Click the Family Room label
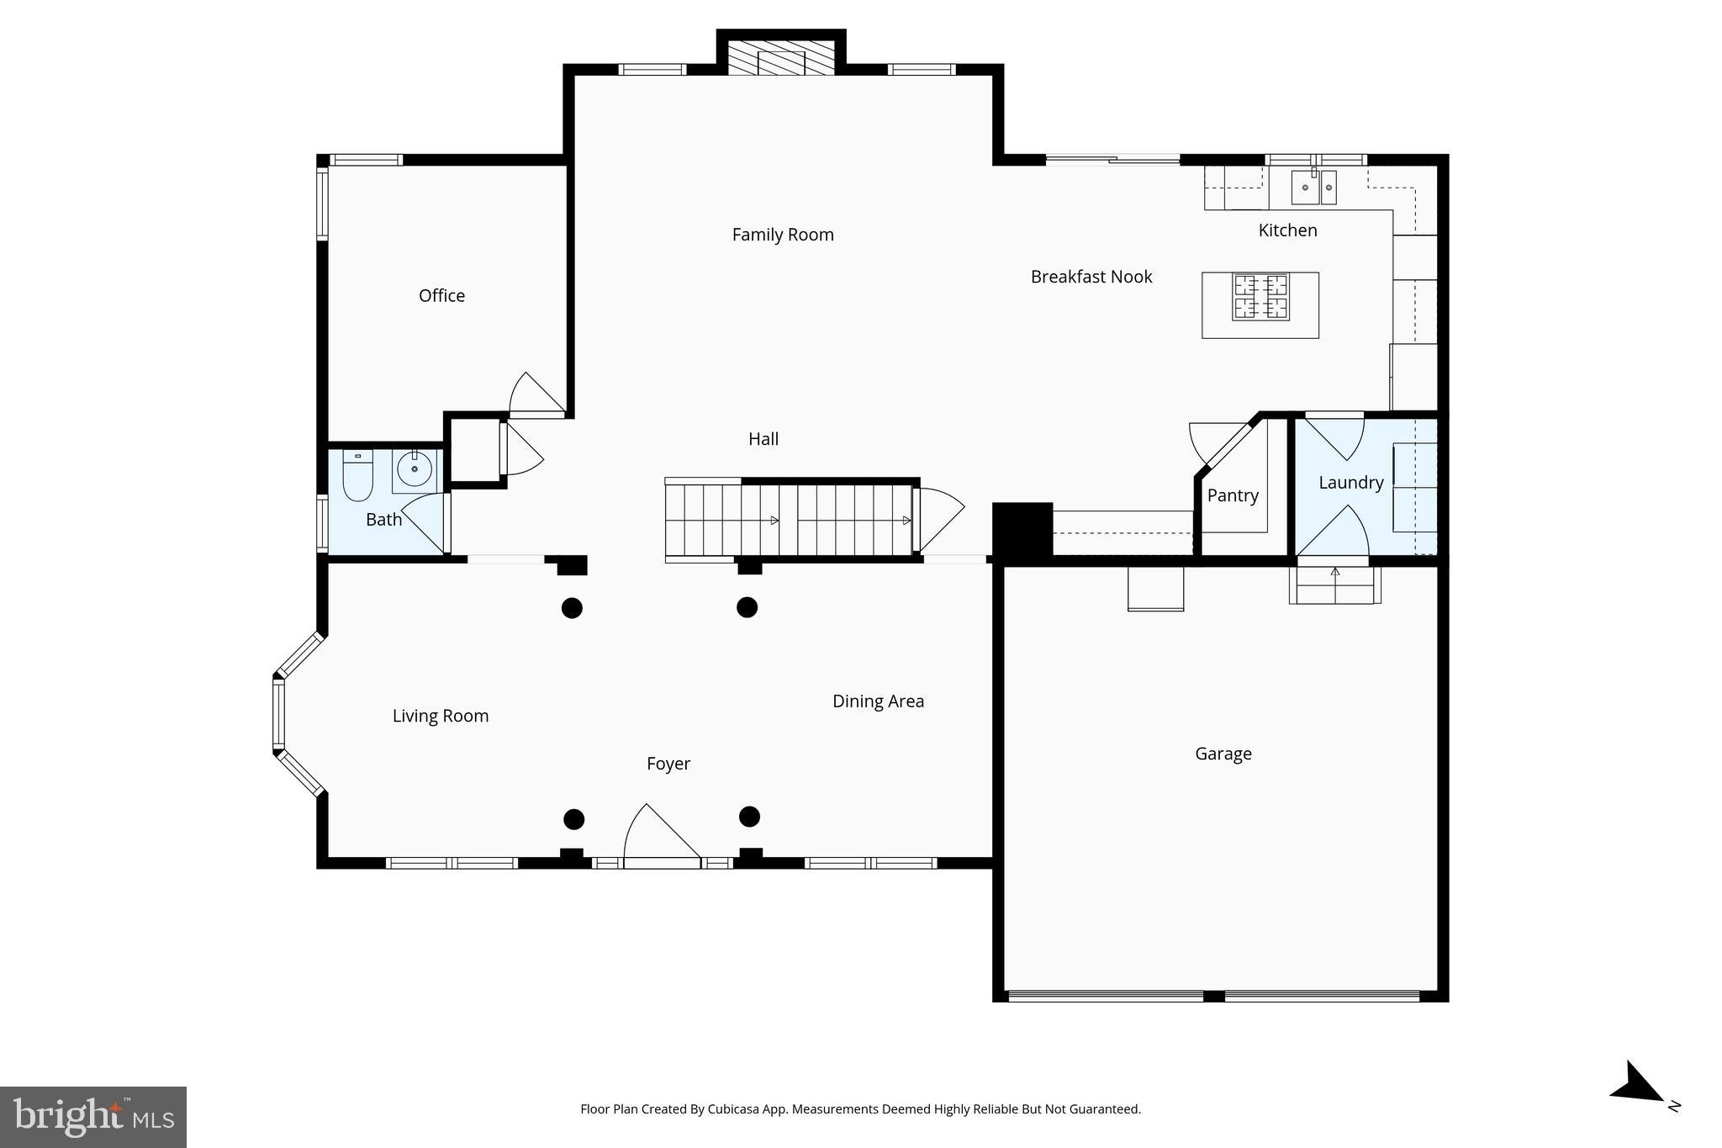[782, 235]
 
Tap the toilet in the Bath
[357, 477]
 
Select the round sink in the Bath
[415, 469]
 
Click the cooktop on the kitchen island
[1260, 297]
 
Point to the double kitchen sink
[1313, 188]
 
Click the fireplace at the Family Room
[781, 58]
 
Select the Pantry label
[1233, 495]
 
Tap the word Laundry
[1350, 483]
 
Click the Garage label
[1223, 754]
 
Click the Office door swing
[536, 394]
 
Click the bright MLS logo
[93, 1117]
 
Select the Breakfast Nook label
[1091, 277]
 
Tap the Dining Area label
[878, 701]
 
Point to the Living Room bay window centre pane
[278, 714]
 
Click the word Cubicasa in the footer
[728, 1109]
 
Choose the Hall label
[763, 439]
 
